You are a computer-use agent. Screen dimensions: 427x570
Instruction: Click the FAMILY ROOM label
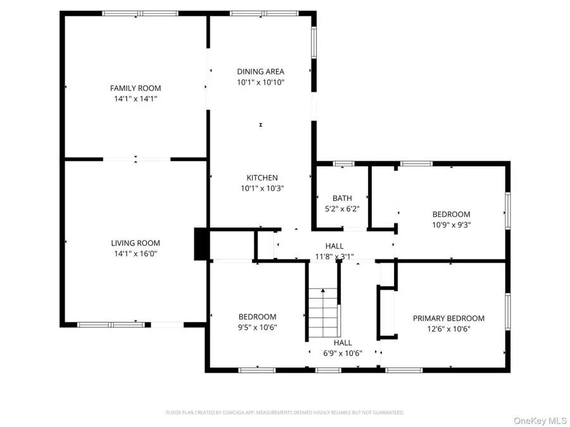click(136, 88)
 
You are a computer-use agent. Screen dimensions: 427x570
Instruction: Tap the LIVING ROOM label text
click(136, 243)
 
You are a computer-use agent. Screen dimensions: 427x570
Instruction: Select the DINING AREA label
click(260, 71)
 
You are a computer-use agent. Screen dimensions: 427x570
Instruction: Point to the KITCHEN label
click(262, 178)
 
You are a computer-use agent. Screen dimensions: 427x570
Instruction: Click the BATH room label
click(342, 198)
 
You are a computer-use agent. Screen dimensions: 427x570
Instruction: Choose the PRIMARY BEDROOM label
click(448, 318)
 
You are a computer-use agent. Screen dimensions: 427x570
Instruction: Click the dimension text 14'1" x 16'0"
click(136, 254)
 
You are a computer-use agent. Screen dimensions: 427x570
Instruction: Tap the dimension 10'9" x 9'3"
click(451, 225)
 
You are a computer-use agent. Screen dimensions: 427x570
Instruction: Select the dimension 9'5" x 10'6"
click(257, 328)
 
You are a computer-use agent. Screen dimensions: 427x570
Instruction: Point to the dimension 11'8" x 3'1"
click(334, 257)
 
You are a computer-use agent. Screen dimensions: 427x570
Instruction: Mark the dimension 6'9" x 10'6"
click(343, 353)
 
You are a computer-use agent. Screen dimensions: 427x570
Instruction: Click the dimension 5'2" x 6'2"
click(342, 209)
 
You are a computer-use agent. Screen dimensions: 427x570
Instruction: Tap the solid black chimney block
click(201, 244)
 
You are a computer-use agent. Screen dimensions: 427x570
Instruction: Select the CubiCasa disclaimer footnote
click(284, 412)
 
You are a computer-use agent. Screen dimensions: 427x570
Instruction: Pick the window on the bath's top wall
click(344, 164)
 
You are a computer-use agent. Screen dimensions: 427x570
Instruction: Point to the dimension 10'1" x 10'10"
click(260, 82)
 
